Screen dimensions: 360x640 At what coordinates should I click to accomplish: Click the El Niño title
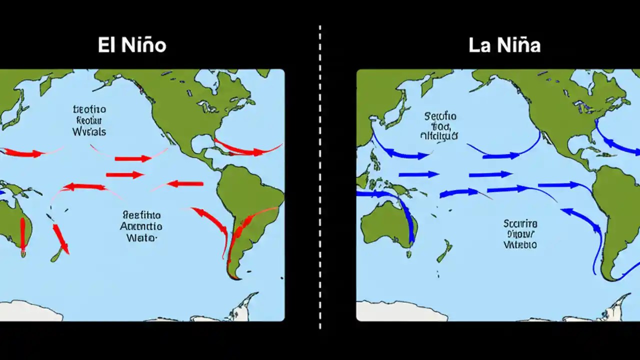pos(131,45)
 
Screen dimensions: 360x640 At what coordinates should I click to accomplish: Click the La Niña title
pos(504,45)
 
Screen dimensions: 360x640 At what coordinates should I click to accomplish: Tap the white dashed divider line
pos(320,180)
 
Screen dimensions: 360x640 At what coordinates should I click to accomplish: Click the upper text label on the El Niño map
pos(89,120)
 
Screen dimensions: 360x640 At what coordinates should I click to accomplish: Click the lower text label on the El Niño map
pos(141,226)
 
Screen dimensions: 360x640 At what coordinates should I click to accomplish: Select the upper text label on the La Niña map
pos(440,125)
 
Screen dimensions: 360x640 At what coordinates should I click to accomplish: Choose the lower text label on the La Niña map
pos(520,233)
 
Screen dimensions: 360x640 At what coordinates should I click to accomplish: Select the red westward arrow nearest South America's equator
pos(185,184)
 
